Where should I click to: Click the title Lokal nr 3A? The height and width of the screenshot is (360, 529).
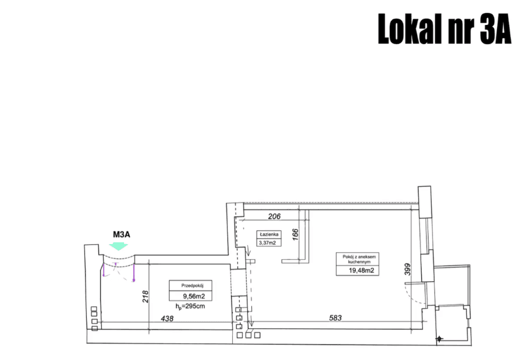point(444,29)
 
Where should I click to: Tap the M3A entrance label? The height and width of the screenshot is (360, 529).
point(122,234)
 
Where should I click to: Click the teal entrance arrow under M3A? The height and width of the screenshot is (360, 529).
point(118,246)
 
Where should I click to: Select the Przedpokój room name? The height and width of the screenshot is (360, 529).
point(192,285)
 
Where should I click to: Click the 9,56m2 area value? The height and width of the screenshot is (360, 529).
point(194,297)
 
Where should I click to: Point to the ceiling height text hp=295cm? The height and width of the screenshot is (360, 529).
point(190,307)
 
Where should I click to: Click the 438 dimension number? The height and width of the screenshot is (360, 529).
point(167,318)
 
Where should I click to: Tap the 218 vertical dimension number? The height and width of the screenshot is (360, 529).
point(145,297)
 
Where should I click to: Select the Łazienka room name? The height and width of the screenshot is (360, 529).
point(269,234)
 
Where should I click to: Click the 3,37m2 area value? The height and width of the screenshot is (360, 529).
point(267,242)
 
